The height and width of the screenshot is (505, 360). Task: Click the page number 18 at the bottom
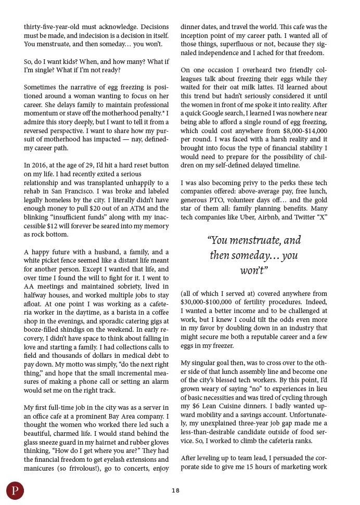(175, 490)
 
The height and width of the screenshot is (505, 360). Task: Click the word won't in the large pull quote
(253, 270)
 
